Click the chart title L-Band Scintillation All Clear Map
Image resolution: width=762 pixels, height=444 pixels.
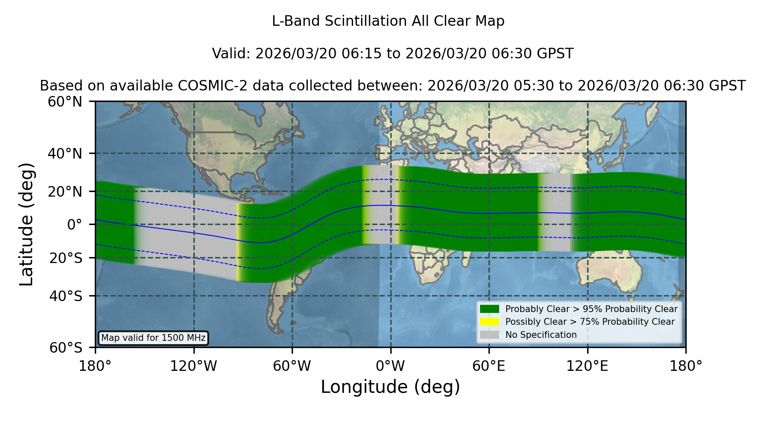tap(388, 21)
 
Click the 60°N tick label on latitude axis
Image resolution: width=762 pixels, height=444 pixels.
tap(65, 102)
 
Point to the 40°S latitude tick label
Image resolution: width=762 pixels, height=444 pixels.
tap(66, 296)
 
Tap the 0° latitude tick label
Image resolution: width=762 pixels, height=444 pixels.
tap(75, 225)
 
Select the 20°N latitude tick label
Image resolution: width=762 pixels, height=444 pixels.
tap(65, 192)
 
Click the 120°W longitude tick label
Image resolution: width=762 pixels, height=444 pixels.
tap(193, 366)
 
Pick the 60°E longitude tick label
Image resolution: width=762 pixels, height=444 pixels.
tap(489, 366)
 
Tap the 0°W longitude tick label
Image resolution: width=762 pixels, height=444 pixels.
tap(390, 366)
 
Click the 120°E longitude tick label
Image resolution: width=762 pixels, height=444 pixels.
tap(587, 366)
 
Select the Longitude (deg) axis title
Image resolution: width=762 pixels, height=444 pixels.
tap(390, 387)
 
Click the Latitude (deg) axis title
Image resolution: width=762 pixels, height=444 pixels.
tap(27, 224)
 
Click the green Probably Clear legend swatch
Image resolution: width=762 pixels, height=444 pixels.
tap(489, 309)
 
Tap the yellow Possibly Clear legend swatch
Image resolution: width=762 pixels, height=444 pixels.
tap(489, 322)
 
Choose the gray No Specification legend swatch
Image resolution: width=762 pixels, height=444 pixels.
tap(489, 335)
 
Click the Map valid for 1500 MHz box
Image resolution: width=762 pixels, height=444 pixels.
tap(153, 338)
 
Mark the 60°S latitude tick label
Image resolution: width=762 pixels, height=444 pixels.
tap(66, 348)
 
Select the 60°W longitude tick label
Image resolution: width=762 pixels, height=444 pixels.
tap(292, 366)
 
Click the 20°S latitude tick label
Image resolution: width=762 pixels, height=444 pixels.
tap(66, 258)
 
